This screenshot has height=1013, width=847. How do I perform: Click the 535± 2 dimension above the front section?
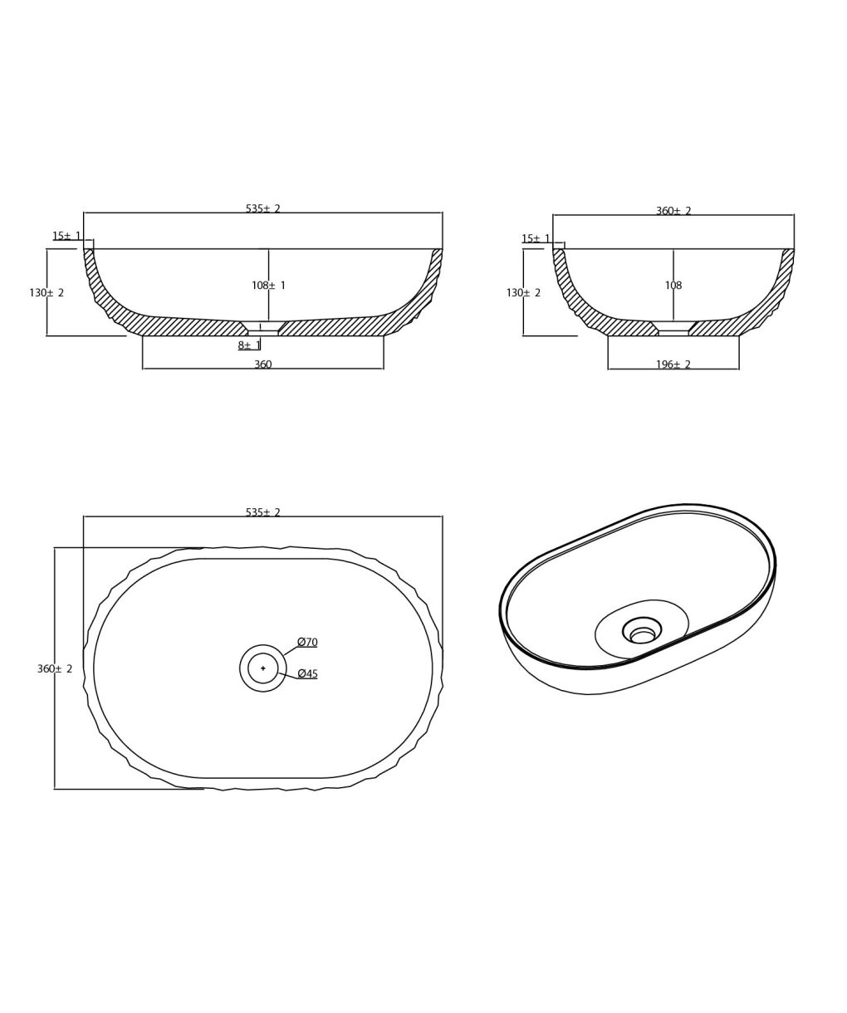pos(263,208)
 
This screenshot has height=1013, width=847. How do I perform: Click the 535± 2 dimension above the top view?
pos(263,512)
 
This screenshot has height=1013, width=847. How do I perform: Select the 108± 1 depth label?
pos(269,286)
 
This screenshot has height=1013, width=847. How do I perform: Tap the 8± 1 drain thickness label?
pos(249,345)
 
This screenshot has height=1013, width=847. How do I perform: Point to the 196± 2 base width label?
pos(673,365)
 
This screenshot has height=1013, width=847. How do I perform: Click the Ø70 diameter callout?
pos(307,643)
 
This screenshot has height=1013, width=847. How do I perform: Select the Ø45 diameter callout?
pos(307,674)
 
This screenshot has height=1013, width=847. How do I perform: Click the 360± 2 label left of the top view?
pos(55,668)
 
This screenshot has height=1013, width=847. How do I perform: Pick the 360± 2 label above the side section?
pos(673,211)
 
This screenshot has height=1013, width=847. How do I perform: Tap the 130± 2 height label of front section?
pos(47,292)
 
